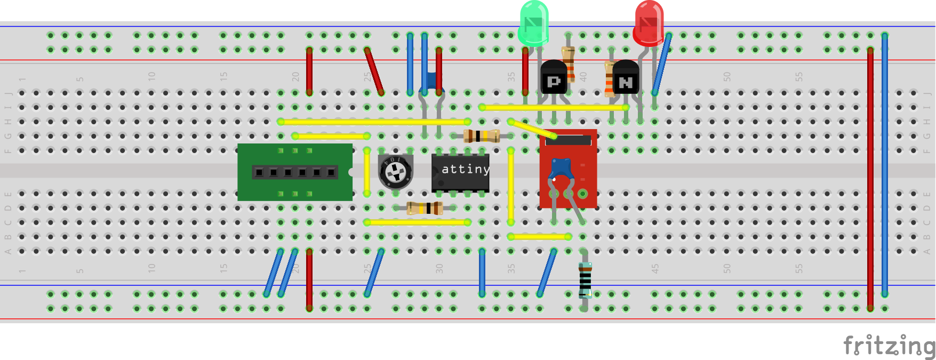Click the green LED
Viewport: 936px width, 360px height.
click(x=533, y=22)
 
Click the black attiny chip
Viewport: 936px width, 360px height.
click(x=460, y=172)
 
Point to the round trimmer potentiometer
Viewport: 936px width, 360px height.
click(x=396, y=171)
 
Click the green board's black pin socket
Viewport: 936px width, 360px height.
click(x=294, y=172)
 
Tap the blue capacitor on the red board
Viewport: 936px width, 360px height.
click(x=561, y=169)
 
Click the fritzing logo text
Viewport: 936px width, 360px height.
click(x=888, y=346)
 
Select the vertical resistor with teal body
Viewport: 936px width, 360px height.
click(x=585, y=278)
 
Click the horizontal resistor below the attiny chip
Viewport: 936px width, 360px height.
click(x=425, y=208)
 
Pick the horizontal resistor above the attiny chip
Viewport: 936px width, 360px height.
click(x=482, y=136)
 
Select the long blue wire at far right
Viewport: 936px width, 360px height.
click(x=885, y=165)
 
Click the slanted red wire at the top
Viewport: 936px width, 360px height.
click(x=374, y=71)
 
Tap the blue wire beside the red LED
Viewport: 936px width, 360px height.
click(x=661, y=64)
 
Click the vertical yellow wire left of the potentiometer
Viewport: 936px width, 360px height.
click(x=367, y=172)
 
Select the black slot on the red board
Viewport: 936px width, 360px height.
click(x=569, y=140)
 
